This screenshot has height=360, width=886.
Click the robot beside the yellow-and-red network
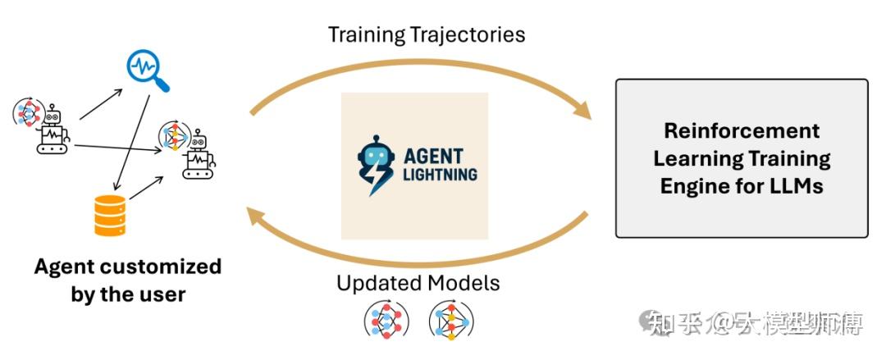click(x=199, y=156)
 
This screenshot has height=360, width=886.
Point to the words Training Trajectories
click(x=427, y=34)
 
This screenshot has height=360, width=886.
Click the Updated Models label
click(x=418, y=284)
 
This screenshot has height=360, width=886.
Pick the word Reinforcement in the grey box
click(x=742, y=131)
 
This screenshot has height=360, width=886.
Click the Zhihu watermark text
click(x=755, y=326)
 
